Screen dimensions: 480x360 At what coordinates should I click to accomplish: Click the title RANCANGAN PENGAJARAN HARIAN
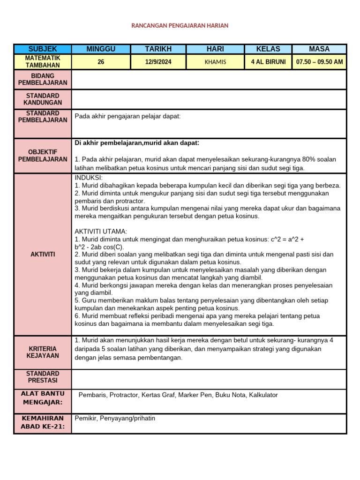click(x=180, y=26)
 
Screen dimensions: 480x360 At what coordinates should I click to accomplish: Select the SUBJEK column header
click(x=43, y=49)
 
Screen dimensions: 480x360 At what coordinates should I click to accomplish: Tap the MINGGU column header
click(x=101, y=49)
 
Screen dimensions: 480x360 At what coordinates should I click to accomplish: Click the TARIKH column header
click(x=158, y=49)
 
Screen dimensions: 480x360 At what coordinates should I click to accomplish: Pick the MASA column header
click(x=319, y=49)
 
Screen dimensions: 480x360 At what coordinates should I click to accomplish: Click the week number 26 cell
click(x=101, y=61)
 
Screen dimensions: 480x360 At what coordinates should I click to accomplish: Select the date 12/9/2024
click(x=158, y=61)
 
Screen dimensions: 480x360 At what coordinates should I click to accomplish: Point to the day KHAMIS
click(x=215, y=62)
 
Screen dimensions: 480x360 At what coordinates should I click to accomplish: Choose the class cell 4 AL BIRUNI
click(x=268, y=61)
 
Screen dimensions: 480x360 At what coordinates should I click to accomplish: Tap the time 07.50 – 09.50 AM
click(x=319, y=61)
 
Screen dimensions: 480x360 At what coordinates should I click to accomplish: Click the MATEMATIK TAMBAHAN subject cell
click(x=43, y=61)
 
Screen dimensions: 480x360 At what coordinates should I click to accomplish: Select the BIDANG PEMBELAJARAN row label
click(x=43, y=79)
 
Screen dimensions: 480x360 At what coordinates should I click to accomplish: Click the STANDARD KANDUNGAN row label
click(x=43, y=99)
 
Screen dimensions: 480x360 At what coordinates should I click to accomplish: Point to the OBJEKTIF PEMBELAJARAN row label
click(x=43, y=156)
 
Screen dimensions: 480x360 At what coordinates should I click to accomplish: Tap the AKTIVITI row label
click(x=43, y=254)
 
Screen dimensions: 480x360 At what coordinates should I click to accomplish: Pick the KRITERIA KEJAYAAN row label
click(x=43, y=352)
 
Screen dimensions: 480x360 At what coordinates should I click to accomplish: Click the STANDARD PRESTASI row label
click(x=43, y=377)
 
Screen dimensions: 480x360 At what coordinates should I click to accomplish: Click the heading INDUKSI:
click(x=89, y=178)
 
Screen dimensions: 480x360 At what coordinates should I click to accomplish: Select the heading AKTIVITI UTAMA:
click(x=101, y=232)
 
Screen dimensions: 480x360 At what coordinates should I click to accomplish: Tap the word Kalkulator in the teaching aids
click(x=263, y=395)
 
